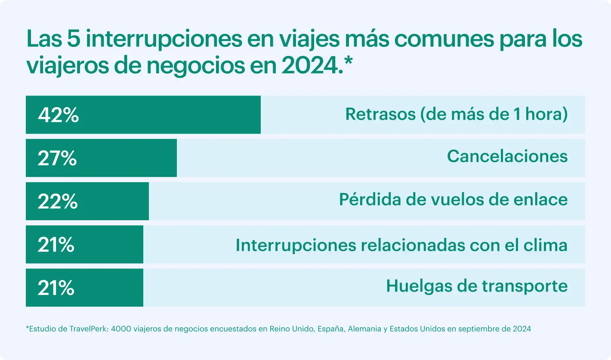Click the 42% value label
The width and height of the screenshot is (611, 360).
[x=59, y=115]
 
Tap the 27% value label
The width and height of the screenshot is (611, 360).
[x=57, y=158]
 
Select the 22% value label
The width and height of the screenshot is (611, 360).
[x=58, y=201]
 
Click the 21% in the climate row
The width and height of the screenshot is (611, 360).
[x=56, y=245]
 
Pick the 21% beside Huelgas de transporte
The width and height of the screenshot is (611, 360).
[x=56, y=288]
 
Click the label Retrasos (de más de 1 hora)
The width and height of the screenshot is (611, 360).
[x=456, y=114]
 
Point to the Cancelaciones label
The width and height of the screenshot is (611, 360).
[x=507, y=156]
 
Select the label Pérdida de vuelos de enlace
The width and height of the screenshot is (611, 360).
[x=453, y=199]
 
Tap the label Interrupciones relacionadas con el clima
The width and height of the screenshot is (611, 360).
[x=401, y=245]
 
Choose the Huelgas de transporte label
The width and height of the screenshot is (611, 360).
[x=477, y=286]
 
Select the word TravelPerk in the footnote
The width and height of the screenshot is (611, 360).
[x=92, y=329]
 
